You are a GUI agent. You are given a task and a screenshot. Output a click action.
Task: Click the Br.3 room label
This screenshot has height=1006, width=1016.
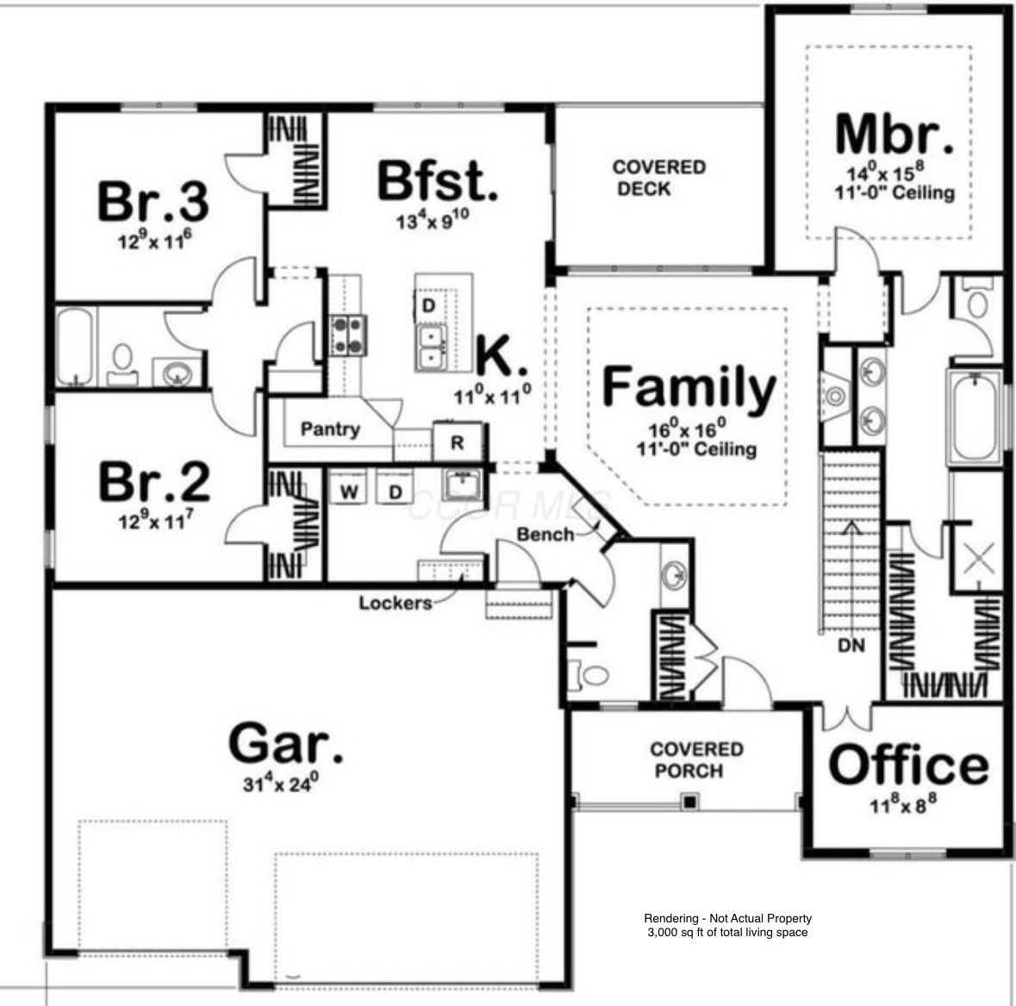point(153,202)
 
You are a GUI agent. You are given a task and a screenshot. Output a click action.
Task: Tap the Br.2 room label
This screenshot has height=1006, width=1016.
point(154,482)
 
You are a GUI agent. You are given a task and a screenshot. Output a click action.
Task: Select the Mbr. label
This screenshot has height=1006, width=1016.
point(895,134)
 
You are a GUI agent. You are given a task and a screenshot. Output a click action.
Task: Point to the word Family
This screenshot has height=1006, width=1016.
point(689,388)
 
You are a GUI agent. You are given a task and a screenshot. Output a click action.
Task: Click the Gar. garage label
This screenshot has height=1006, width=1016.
point(285,743)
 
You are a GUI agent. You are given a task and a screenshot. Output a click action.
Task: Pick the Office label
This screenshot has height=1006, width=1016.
point(908,765)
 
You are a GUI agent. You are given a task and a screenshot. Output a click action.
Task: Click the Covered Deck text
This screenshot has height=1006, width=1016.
point(658,178)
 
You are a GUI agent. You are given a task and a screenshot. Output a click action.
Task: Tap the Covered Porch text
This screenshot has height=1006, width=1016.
point(696,759)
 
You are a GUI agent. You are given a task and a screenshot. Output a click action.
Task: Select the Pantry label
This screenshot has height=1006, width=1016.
point(330,428)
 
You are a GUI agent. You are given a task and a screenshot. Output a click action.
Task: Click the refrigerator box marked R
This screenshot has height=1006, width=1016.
point(458,443)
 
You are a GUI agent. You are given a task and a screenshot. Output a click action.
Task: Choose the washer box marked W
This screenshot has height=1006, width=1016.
point(349,492)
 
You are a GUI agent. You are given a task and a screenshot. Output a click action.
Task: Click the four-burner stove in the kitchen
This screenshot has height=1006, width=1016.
point(349,335)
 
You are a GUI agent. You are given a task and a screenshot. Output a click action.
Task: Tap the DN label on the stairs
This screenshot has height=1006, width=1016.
point(851,645)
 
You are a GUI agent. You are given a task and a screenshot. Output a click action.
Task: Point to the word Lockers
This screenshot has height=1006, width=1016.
point(395,603)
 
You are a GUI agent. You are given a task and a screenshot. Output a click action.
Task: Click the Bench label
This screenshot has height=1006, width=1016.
point(545,534)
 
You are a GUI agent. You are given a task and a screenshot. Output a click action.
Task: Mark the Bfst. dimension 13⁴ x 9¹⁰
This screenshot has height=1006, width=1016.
point(432,220)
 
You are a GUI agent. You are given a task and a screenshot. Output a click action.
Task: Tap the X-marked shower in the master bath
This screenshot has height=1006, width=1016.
point(977,558)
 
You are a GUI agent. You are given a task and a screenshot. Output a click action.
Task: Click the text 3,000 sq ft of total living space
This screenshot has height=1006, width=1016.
point(727,932)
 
